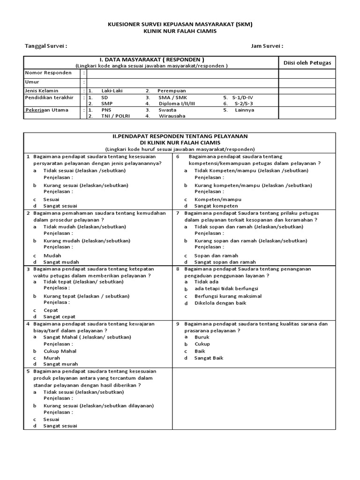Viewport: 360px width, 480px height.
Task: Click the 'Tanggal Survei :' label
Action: (45, 46)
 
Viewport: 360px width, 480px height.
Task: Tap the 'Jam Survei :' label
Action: (267, 46)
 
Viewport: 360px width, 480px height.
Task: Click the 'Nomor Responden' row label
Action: (48, 73)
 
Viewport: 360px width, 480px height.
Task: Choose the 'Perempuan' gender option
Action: (172, 90)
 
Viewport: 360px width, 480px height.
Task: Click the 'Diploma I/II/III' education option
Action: (177, 103)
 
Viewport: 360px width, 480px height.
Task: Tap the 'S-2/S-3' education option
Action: (244, 103)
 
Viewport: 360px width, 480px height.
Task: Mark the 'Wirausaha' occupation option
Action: (172, 116)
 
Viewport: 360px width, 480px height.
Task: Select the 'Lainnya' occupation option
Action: (245, 110)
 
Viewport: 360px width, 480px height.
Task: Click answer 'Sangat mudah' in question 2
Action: (61, 262)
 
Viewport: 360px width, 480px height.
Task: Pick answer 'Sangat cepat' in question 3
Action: (60, 317)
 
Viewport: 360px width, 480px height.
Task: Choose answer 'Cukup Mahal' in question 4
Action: (60, 351)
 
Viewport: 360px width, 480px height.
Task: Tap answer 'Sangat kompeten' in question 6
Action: (216, 206)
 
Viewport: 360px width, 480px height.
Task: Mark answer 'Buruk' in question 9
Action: (202, 337)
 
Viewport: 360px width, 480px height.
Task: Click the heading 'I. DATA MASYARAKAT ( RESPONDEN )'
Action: (151, 60)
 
